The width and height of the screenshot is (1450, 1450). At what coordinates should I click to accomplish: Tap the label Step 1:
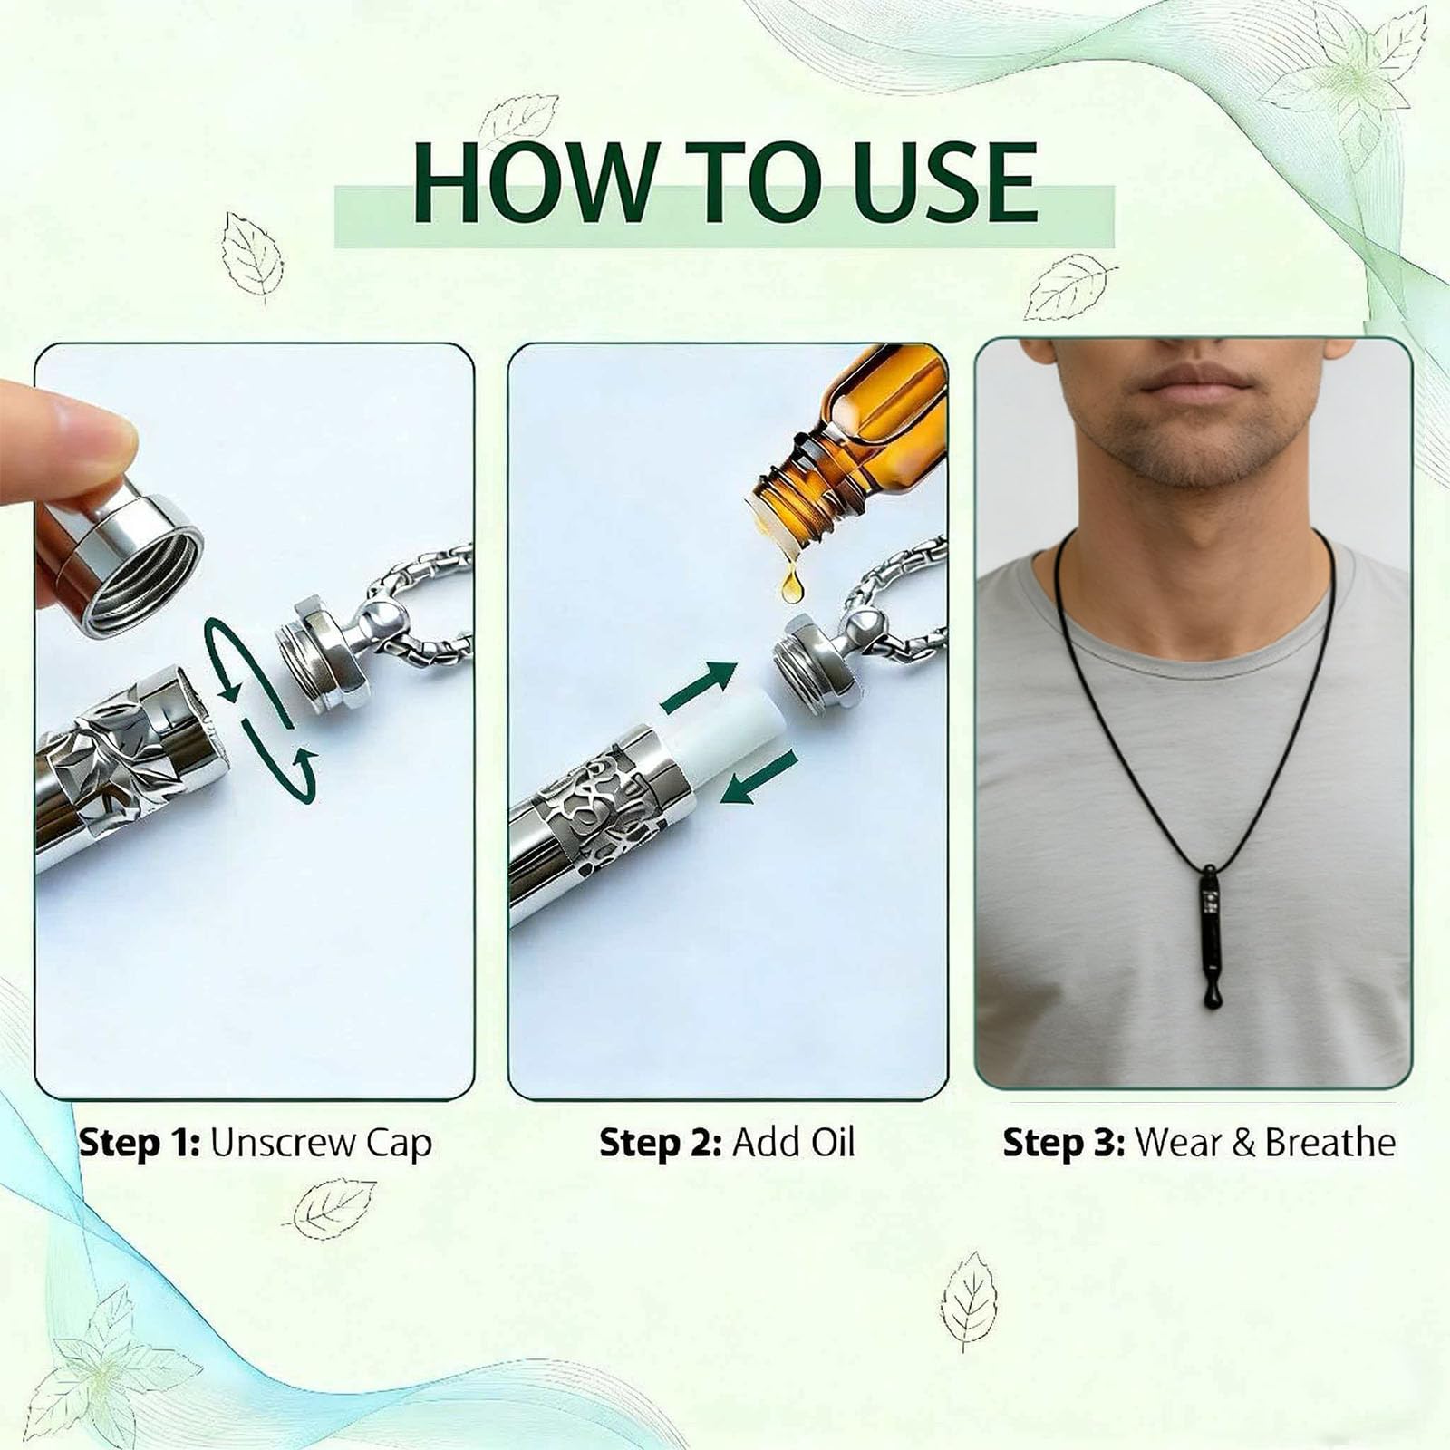coord(139,1143)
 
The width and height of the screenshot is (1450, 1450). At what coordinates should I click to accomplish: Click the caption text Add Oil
coord(793,1142)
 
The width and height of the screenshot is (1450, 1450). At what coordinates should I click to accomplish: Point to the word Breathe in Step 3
coord(1330,1142)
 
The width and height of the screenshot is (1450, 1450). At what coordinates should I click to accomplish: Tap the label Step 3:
coord(1063,1143)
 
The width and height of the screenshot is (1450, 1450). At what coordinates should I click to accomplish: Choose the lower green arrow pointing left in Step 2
coord(758,777)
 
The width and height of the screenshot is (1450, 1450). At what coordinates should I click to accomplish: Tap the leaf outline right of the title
coord(1070,286)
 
